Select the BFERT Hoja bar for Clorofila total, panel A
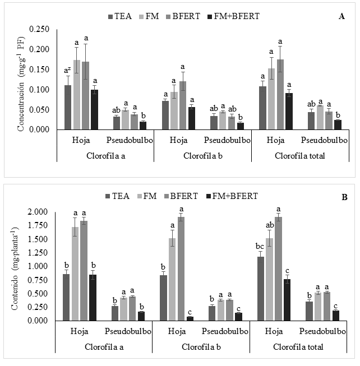[280, 95]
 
